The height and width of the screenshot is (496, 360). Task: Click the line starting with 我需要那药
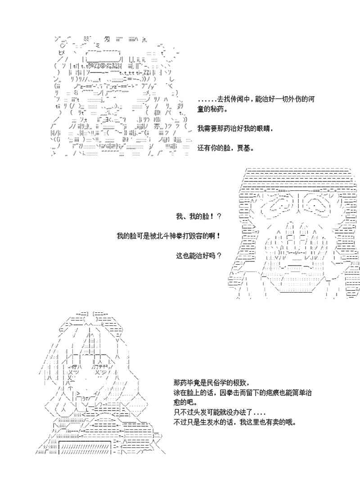(x=235, y=129)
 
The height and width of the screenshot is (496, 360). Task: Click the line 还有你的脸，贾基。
(x=226, y=148)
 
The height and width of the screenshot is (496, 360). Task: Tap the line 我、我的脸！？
(x=198, y=216)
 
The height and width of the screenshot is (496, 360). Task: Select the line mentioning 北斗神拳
(x=169, y=236)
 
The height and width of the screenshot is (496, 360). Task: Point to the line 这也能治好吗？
(x=198, y=255)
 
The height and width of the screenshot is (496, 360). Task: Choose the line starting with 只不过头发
(x=220, y=412)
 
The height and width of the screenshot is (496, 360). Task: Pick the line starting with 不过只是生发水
(x=235, y=422)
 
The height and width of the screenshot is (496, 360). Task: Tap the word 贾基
(x=243, y=148)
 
